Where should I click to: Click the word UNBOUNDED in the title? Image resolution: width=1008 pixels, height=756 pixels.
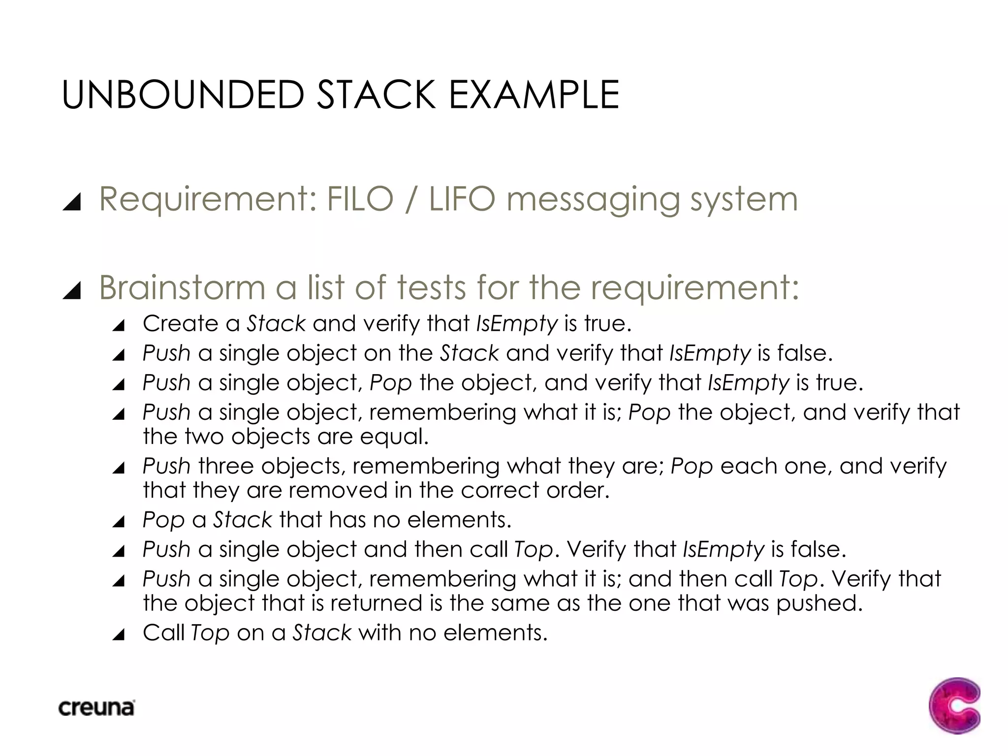click(x=183, y=94)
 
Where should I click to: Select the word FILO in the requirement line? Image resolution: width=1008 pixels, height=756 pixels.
click(x=360, y=199)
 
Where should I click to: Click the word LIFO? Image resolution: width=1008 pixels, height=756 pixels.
click(x=462, y=199)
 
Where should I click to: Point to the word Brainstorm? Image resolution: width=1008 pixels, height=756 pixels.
click(x=182, y=287)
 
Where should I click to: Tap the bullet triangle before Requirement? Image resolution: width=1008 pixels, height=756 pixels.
click(x=72, y=202)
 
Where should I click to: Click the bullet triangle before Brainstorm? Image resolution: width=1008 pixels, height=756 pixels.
click(x=72, y=290)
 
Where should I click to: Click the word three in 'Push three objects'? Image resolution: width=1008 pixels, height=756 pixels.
click(x=225, y=466)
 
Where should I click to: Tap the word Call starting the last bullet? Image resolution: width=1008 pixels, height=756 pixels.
click(x=163, y=633)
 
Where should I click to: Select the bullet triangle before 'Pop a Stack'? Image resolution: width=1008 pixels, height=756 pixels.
click(x=119, y=522)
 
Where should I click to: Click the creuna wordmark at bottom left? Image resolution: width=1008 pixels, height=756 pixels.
click(x=96, y=708)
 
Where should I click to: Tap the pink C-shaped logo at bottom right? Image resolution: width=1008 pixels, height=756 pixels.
click(x=954, y=705)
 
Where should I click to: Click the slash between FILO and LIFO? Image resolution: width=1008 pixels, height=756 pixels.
click(x=410, y=199)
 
